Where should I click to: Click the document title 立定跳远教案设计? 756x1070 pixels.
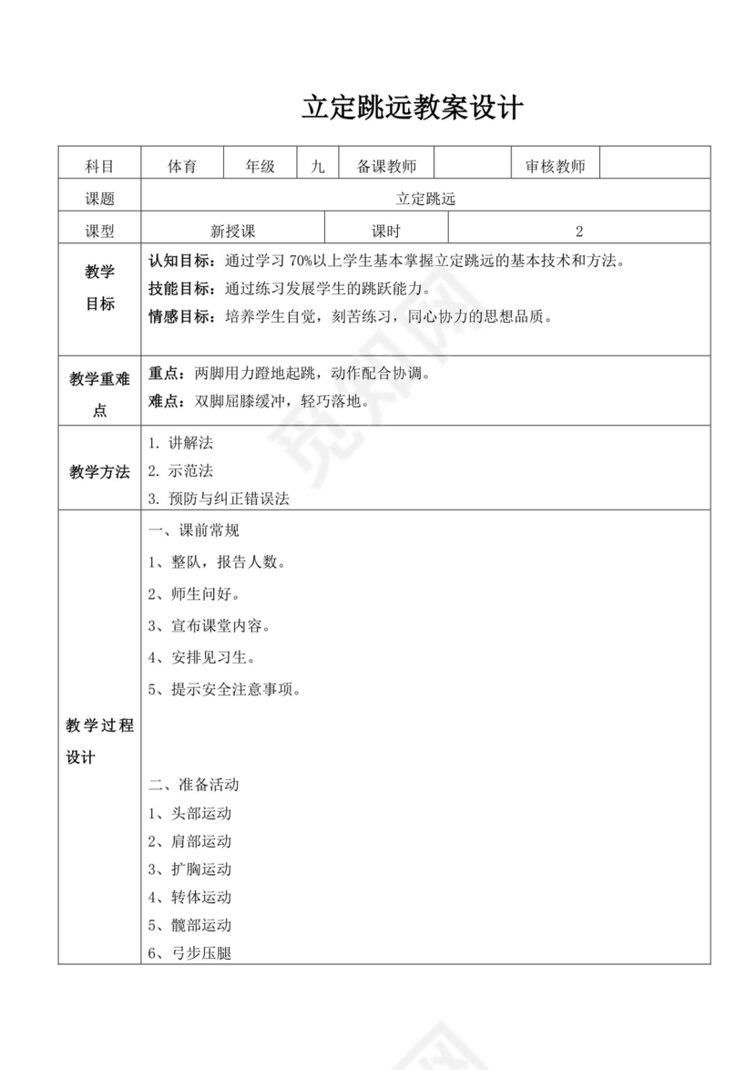[x=413, y=108]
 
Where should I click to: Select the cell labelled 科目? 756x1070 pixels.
[x=99, y=166]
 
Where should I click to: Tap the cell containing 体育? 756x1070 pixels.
[x=182, y=166]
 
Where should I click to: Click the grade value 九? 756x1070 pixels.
[x=317, y=166]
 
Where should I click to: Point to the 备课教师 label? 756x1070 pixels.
[x=386, y=166]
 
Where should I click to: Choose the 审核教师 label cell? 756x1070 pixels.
[x=556, y=166]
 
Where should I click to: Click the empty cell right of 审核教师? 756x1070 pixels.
[x=655, y=166]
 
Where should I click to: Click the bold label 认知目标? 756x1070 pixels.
[x=181, y=261]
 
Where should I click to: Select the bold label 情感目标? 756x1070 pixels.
[x=181, y=317]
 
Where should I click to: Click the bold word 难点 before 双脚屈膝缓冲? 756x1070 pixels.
[x=166, y=401]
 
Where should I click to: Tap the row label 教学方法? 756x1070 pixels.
[x=99, y=472]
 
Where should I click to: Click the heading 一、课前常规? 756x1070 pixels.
[x=193, y=530]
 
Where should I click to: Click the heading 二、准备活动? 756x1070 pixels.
[x=193, y=784]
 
